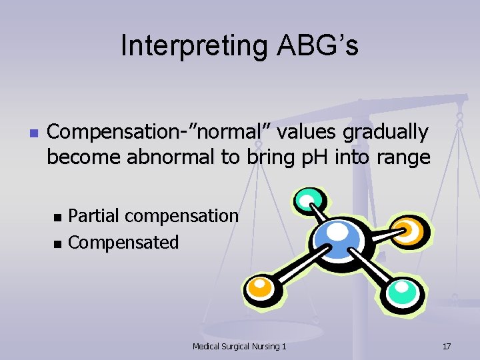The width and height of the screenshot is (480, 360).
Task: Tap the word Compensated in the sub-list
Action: pyautogui.click(x=123, y=242)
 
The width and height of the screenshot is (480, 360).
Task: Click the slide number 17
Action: pyautogui.click(x=447, y=346)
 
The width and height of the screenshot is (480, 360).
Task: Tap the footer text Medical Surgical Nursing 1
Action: pyautogui.click(x=239, y=346)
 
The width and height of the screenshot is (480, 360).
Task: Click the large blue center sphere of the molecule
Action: pyautogui.click(x=337, y=237)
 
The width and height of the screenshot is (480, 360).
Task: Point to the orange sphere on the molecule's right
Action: pyautogui.click(x=406, y=230)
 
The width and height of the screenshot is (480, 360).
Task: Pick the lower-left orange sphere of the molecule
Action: pyautogui.click(x=260, y=287)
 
